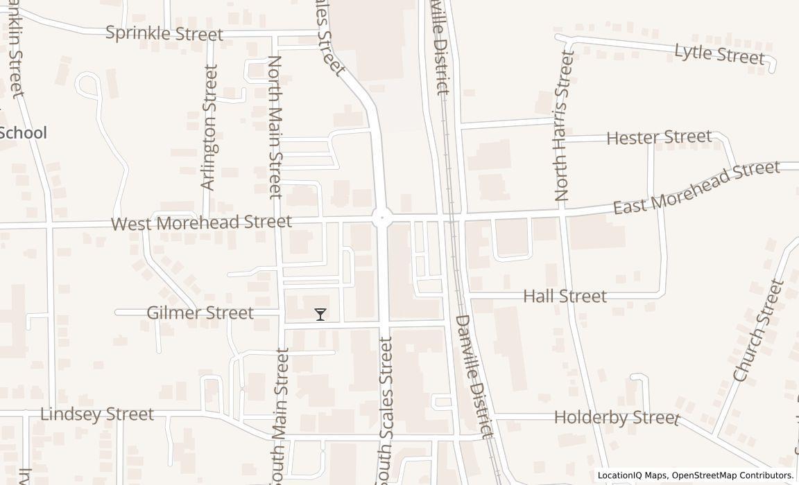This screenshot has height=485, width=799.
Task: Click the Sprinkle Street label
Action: pos(164,33)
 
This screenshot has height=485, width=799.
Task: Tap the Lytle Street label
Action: pos(719,53)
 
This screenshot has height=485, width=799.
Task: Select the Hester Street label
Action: pos(659,137)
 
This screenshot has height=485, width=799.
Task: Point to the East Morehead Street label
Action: pos(696,188)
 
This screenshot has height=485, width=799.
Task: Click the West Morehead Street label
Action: pos(201,222)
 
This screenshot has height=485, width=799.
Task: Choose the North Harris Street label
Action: pos(564,126)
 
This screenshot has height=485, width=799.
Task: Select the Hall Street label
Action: pos(565,297)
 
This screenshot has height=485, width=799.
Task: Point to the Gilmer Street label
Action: pos(200,313)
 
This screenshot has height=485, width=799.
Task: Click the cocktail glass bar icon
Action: pos(320,315)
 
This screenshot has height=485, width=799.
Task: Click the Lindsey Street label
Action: pos(97,414)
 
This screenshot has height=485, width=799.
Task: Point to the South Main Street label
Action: pos(280,416)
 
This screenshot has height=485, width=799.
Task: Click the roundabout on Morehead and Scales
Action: pos(381,218)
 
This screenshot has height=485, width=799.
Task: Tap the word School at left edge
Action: pos(23,133)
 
